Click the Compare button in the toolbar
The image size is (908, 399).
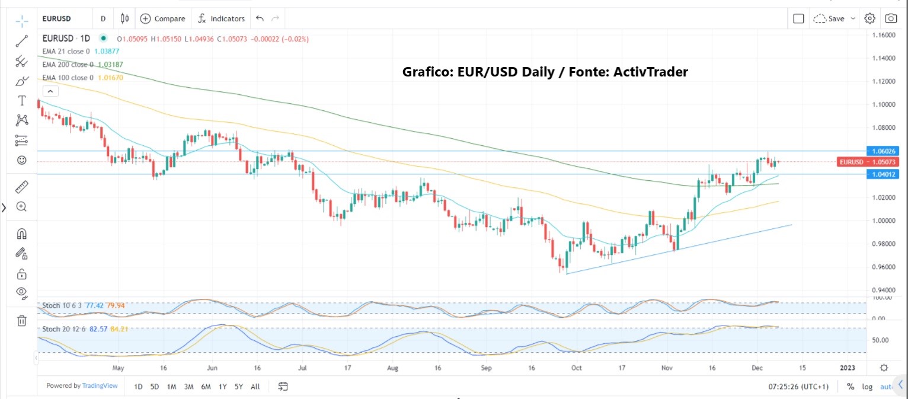pyautogui.click(x=163, y=18)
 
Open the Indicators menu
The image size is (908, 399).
pyautogui.click(x=221, y=18)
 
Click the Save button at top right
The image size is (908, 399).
pyautogui.click(x=835, y=18)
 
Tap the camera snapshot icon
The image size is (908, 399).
pyautogui.click(x=890, y=18)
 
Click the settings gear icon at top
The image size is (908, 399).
pyautogui.click(x=869, y=18)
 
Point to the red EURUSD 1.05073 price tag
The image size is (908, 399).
pyautogui.click(x=865, y=161)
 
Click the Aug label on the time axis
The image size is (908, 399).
pyautogui.click(x=393, y=368)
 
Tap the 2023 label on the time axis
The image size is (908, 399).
pyautogui.click(x=847, y=368)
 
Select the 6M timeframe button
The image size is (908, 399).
pyautogui.click(x=206, y=387)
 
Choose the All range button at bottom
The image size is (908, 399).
pyautogui.click(x=255, y=387)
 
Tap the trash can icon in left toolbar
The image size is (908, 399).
pyautogui.click(x=21, y=321)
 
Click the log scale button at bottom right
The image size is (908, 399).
pyautogui.click(x=867, y=387)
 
